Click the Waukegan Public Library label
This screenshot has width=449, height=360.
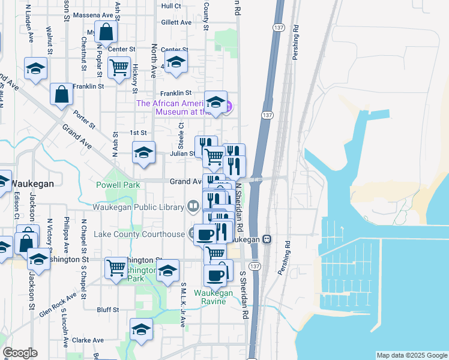[x=137, y=208]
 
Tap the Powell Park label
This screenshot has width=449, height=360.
[x=118, y=185]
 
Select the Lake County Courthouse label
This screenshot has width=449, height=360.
[x=139, y=234]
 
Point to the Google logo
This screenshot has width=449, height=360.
[x=20, y=353]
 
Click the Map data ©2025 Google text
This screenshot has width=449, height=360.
[x=411, y=355]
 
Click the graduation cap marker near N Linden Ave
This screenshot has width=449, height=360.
[x=35, y=68]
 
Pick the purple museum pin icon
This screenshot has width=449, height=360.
[x=228, y=107]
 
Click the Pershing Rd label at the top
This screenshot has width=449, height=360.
[x=295, y=36]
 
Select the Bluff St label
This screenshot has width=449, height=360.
[x=108, y=310]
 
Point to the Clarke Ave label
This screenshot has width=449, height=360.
[x=89, y=340]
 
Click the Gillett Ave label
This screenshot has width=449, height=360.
[x=176, y=22]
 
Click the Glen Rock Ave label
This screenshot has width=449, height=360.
[x=58, y=305]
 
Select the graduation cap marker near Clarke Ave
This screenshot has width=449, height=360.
[x=141, y=329]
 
